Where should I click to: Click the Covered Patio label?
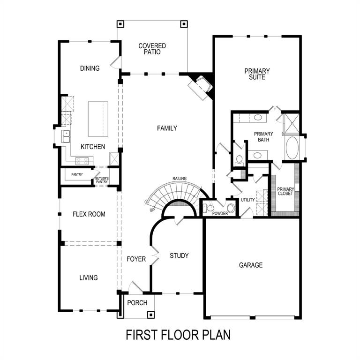pos(152,49)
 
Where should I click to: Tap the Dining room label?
pos(90,68)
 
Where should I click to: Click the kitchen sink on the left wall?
pos(66,136)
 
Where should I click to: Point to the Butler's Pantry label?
pos(102,180)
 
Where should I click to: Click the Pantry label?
pos(77,174)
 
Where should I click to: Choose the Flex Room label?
pos(89,214)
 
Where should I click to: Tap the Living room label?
pos(88,277)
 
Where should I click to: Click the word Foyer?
pos(136,259)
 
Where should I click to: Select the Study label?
pos(179,255)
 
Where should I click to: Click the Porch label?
pos(137,303)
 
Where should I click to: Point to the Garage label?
pos(251,265)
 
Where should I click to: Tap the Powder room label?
pos(220,213)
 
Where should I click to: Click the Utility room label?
pos(247,200)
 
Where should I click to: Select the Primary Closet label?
pos(285,191)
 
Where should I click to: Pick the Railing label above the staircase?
pos(180,179)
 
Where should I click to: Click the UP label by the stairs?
pos(152,210)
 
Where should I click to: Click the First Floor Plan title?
pos(178,335)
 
